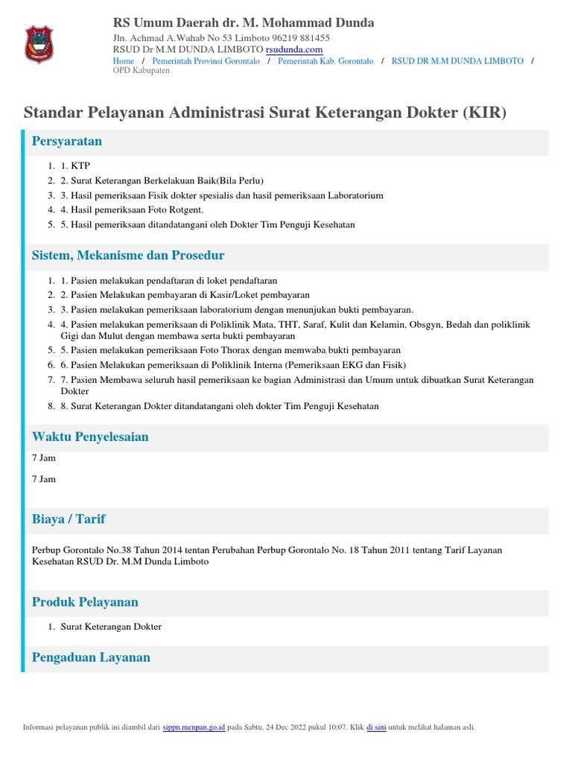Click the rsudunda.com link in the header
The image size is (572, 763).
(294, 49)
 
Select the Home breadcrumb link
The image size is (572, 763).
(123, 60)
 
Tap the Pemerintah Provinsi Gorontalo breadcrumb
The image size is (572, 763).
(206, 60)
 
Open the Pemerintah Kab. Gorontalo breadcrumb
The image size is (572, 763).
(325, 60)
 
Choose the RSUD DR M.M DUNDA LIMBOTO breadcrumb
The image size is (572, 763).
(457, 60)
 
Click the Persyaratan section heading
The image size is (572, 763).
(67, 141)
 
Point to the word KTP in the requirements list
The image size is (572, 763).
(80, 165)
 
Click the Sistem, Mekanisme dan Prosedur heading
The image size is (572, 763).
(128, 256)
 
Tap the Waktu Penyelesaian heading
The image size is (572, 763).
(90, 437)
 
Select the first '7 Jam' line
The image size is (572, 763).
(43, 458)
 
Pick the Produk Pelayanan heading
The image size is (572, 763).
(85, 601)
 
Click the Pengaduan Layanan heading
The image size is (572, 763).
(91, 657)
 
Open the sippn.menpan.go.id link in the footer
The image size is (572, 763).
(194, 727)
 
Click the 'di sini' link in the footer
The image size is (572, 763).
(375, 727)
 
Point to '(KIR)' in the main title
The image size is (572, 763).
(484, 113)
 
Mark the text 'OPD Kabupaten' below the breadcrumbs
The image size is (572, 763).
(141, 70)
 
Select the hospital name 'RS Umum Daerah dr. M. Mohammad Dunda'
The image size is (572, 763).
(244, 23)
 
